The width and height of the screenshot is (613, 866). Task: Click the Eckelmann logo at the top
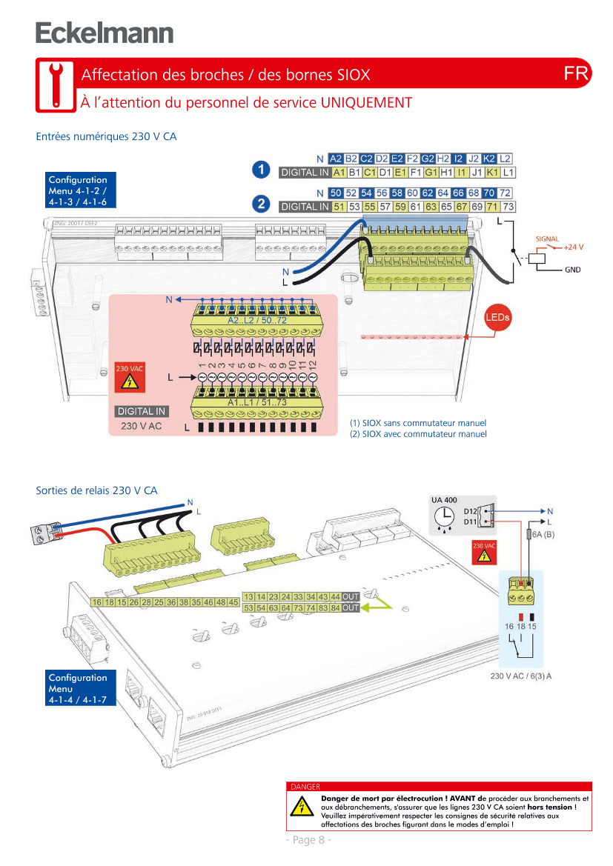pos(104,33)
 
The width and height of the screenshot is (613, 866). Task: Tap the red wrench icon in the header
pos(55,85)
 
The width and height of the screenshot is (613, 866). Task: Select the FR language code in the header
pos(576,73)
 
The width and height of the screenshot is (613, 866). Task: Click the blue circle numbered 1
pos(260,170)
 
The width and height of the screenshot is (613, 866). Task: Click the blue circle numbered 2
pos(260,203)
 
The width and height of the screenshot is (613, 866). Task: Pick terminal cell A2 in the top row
pos(336,159)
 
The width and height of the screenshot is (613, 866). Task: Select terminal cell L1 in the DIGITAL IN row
pos(508,173)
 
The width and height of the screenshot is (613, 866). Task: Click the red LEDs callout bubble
pos(498,318)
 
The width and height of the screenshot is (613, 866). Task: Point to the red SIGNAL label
pos(547,239)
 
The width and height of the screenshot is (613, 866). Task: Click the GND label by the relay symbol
pos(573,270)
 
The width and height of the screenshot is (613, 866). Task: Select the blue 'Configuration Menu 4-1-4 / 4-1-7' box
pos(78,688)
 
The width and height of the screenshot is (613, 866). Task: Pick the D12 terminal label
pos(470,511)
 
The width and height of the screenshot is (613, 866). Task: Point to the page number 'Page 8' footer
pos(308,839)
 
